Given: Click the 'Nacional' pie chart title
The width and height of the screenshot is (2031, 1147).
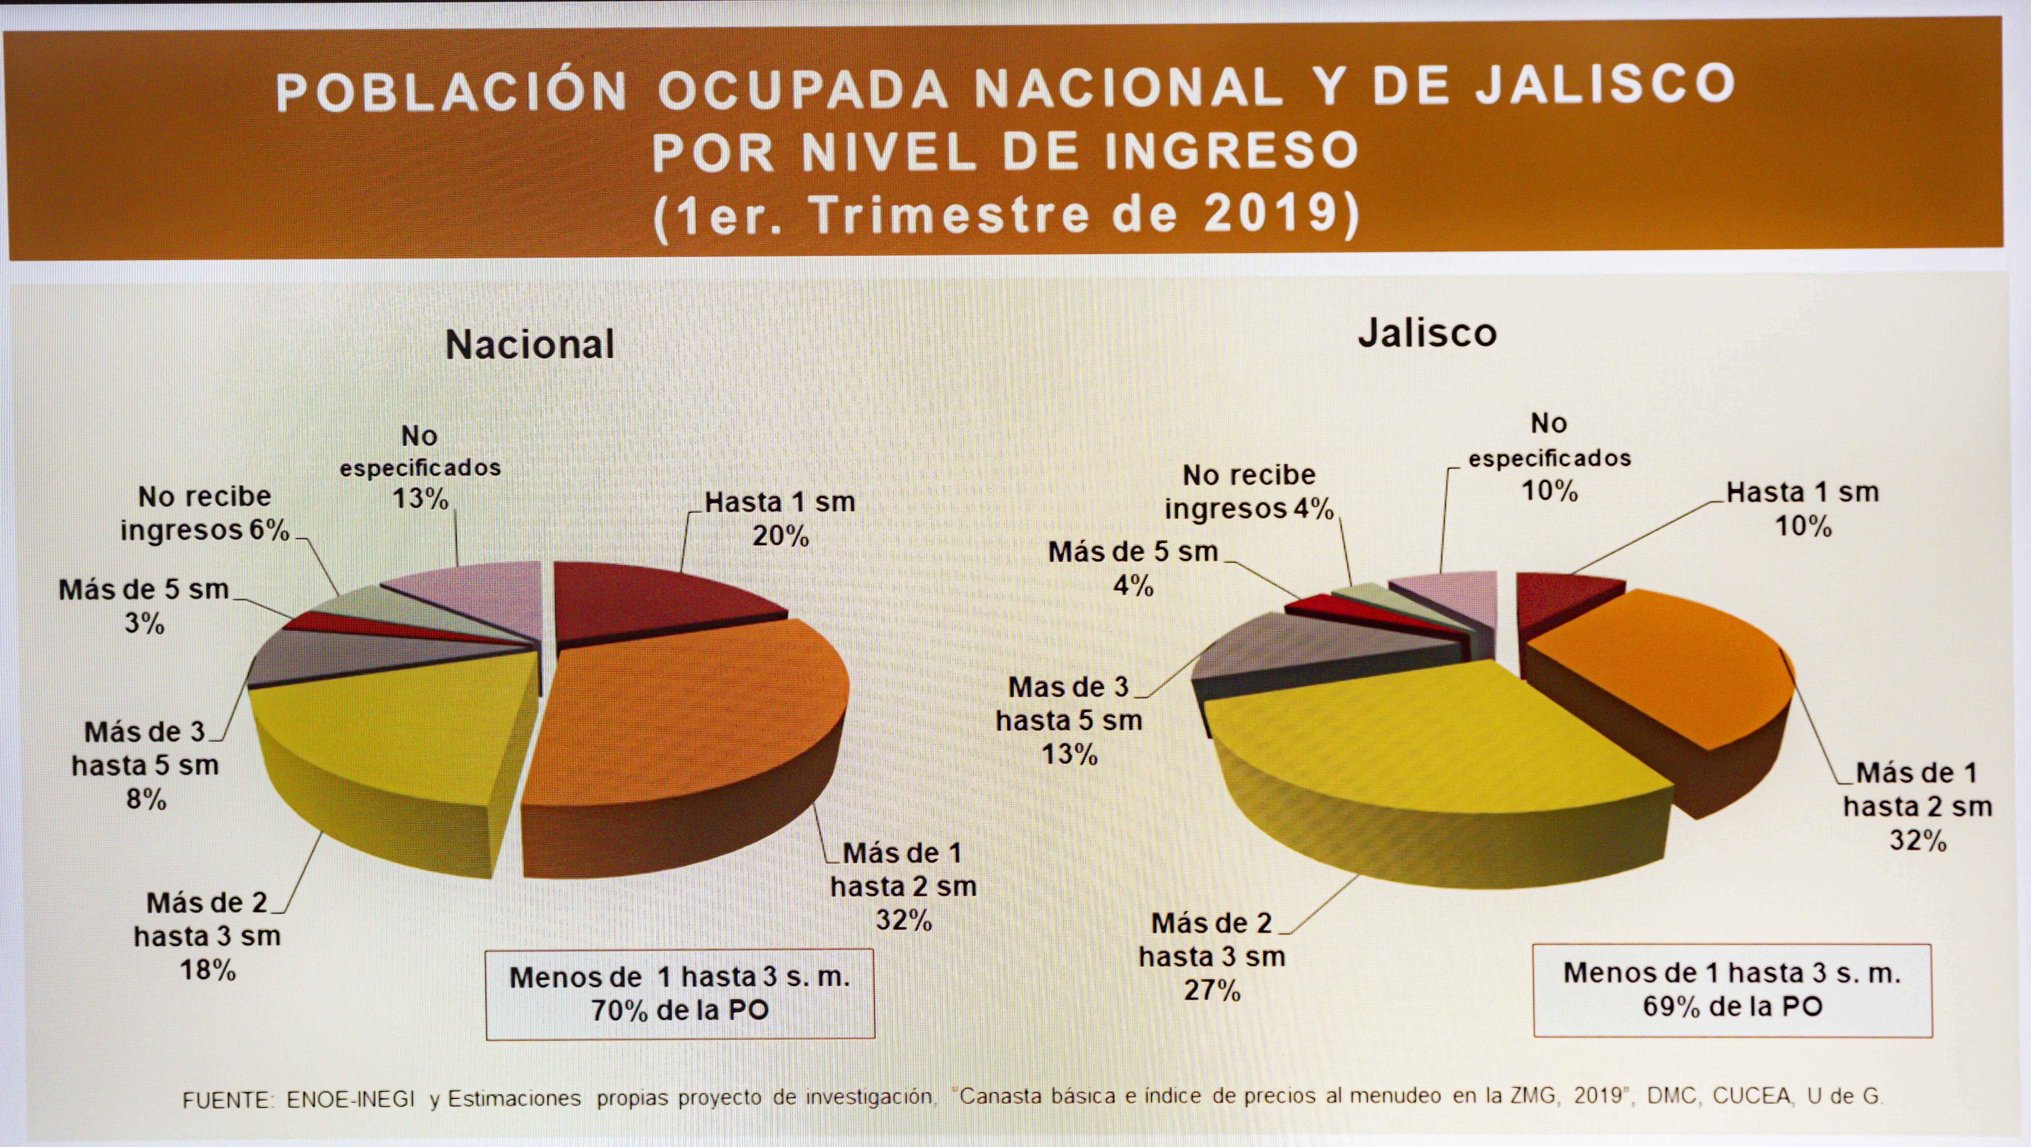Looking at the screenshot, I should click(x=530, y=344).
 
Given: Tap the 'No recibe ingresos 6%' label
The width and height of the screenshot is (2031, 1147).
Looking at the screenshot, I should click(x=205, y=514).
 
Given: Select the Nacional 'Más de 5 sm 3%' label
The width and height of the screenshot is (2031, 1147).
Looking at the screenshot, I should click(x=144, y=605).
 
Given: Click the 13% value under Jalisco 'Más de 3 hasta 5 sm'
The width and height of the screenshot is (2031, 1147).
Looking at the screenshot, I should click(x=1069, y=754).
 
